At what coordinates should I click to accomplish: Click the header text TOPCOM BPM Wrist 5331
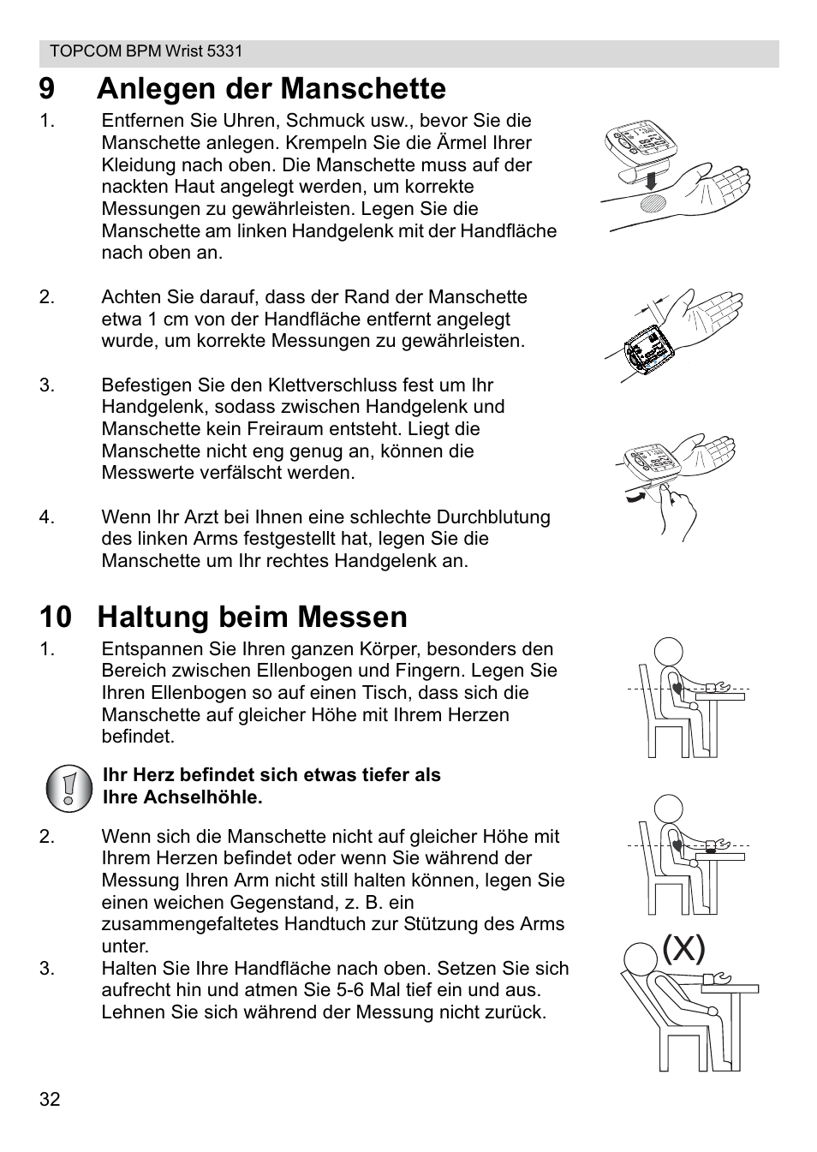click(146, 51)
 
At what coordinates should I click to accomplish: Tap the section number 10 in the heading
click(54, 618)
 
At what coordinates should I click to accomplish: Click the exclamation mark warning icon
click(69, 787)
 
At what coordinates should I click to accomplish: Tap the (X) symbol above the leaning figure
click(683, 948)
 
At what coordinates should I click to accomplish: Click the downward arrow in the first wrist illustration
click(652, 181)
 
